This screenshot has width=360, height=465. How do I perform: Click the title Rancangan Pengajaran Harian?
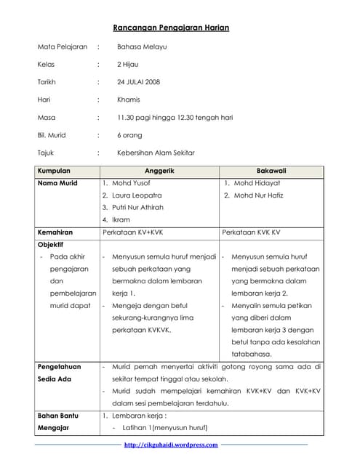pyautogui.click(x=172, y=28)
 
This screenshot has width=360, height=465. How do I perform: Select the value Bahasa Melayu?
pyautogui.click(x=142, y=47)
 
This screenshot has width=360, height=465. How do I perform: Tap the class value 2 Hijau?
pyautogui.click(x=128, y=65)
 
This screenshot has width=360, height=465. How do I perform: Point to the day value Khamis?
pyautogui.click(x=129, y=100)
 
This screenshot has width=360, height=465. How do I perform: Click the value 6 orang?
pyautogui.click(x=130, y=135)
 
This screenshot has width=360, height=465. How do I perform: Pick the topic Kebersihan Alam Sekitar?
pyautogui.click(x=156, y=153)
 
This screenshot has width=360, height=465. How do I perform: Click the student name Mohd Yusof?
pyautogui.click(x=132, y=184)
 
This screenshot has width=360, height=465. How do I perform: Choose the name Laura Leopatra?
pyautogui.click(x=137, y=196)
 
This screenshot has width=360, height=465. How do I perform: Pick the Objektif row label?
pyautogui.click(x=50, y=245)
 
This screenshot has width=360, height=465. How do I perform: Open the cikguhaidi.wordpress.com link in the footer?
pyautogui.click(x=171, y=445)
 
